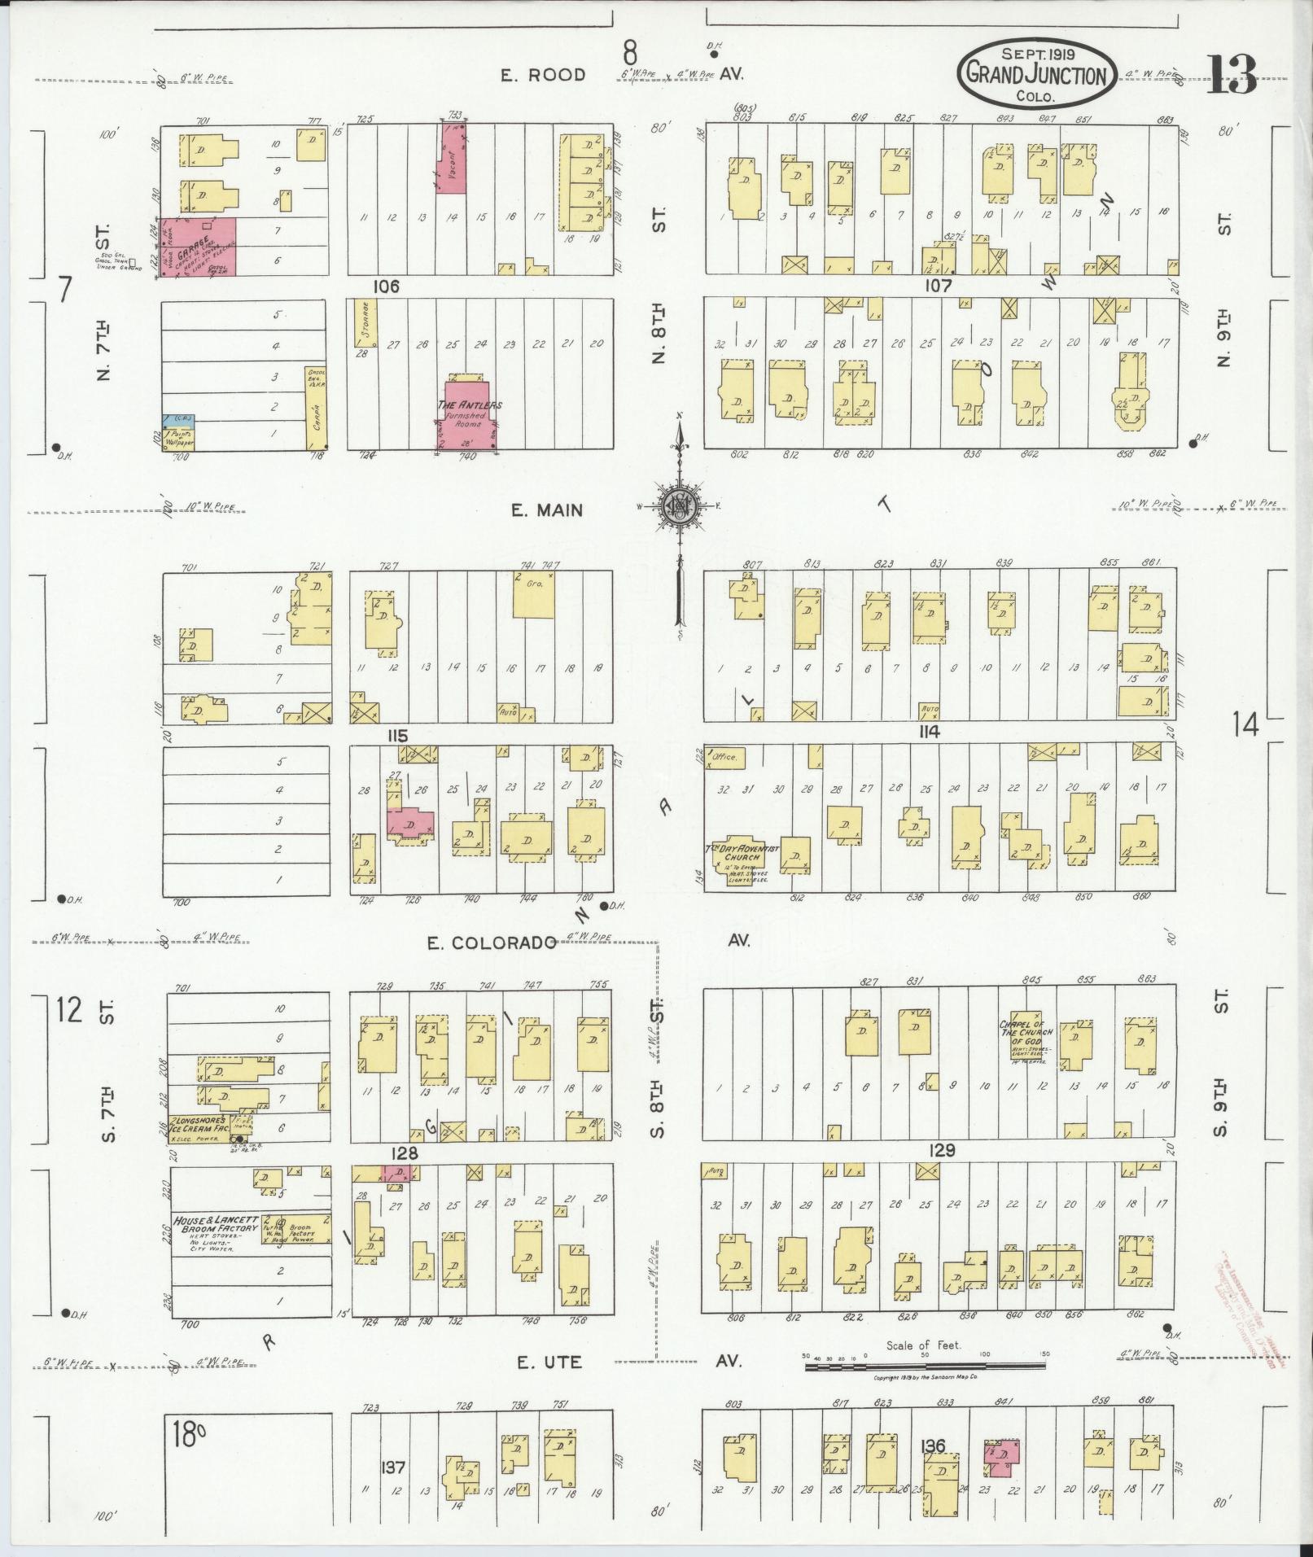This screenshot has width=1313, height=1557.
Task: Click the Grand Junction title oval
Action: [1036, 74]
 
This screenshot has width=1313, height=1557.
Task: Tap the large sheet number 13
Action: [1231, 75]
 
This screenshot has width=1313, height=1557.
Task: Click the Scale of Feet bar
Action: [924, 1363]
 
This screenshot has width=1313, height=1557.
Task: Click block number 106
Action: [387, 286]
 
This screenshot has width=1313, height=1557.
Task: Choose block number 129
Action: [939, 1152]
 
